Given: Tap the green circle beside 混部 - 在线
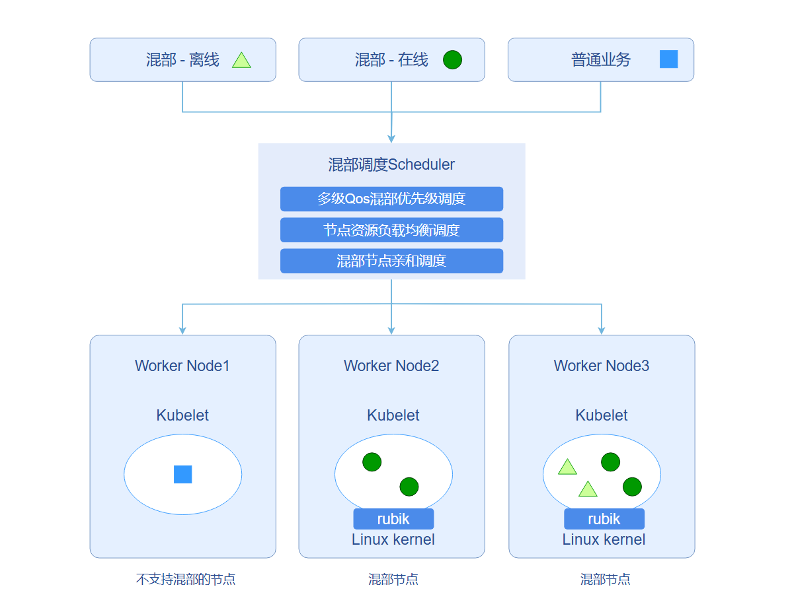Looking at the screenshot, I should click(x=452, y=60).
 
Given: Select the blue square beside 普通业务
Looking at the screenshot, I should click(x=668, y=59).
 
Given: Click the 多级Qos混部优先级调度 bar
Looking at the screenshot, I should click(x=391, y=199).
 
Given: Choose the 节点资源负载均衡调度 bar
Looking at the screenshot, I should click(x=391, y=230).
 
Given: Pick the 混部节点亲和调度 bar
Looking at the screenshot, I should click(x=391, y=261).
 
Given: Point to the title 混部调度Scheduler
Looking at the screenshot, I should click(x=391, y=164).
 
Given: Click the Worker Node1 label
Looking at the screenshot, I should click(x=182, y=366).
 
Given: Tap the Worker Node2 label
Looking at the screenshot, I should click(x=391, y=366).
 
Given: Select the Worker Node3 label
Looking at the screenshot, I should click(x=602, y=366).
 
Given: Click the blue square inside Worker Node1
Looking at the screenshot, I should click(x=182, y=474).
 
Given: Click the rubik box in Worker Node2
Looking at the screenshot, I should click(x=393, y=519).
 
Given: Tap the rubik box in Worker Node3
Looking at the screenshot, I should click(x=604, y=519).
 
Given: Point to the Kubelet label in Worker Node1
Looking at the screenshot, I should click(x=182, y=415).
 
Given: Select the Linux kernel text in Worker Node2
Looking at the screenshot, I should click(x=393, y=539).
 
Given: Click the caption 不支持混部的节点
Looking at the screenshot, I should click(x=186, y=580).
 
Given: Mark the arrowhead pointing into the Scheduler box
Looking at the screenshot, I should click(x=391, y=139).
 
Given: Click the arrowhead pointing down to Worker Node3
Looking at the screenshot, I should click(x=602, y=329).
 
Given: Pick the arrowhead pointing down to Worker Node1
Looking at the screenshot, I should click(x=182, y=329).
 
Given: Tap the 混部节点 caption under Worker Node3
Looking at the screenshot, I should click(x=605, y=580).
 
